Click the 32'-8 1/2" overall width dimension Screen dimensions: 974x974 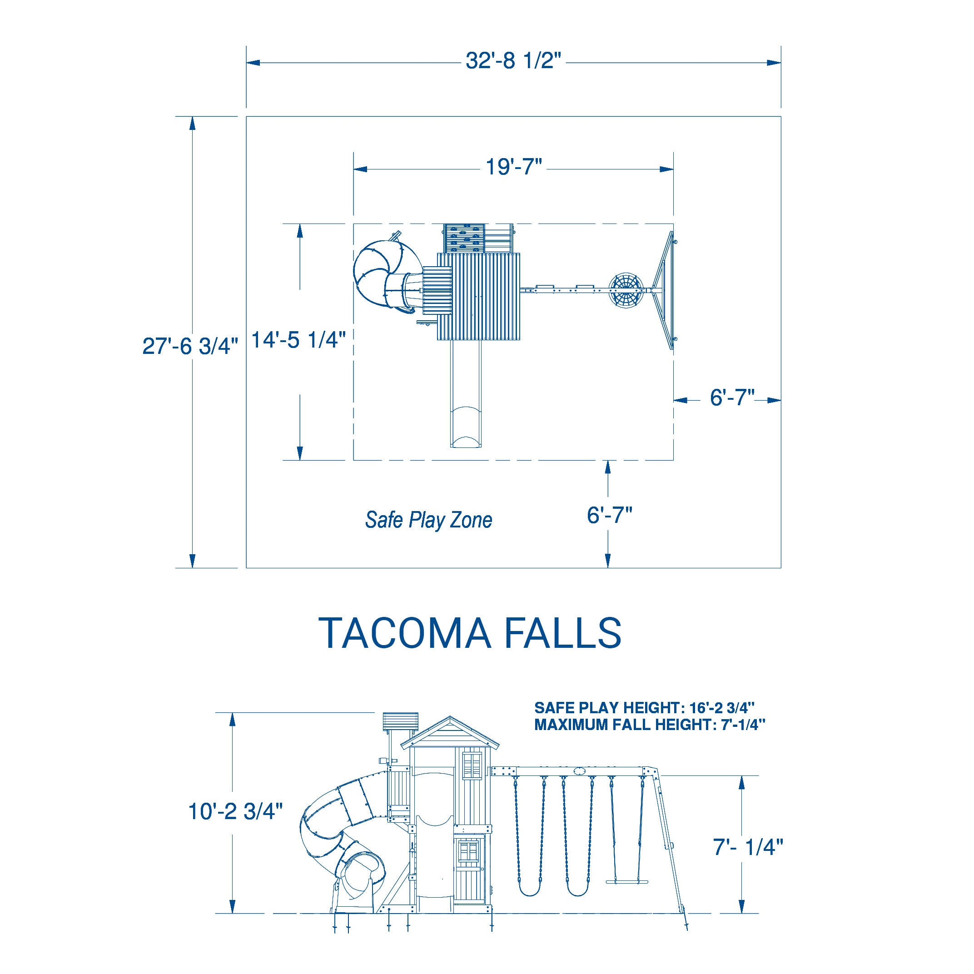513,62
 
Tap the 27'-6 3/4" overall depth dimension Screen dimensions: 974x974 190,346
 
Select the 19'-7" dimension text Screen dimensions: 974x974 513,167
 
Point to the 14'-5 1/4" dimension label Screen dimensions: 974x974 299,340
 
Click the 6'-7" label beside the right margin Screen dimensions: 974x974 732,398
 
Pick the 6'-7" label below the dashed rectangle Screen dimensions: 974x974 610,515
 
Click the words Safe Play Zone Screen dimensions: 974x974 428,520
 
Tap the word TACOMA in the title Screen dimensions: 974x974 405,633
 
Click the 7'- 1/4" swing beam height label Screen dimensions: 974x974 748,847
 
